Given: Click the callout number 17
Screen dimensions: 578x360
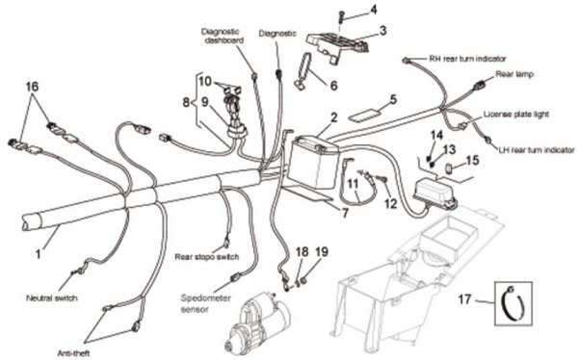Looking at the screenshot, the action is click(x=465, y=298).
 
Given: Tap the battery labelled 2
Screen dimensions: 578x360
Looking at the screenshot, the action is click(x=313, y=162).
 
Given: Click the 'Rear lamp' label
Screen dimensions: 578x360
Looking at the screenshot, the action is click(x=514, y=74).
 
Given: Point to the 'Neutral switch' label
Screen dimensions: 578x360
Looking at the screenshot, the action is click(x=52, y=297).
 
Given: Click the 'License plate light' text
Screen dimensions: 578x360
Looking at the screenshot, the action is click(x=515, y=115).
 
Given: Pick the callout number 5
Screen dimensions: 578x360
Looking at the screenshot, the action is click(x=393, y=99).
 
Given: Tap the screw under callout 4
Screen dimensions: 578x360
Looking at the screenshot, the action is click(x=340, y=15).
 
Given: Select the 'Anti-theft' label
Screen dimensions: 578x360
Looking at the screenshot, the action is click(x=73, y=353).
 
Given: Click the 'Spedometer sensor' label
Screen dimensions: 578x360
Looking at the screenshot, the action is click(x=206, y=303).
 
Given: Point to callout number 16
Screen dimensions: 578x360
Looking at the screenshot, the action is click(x=32, y=87).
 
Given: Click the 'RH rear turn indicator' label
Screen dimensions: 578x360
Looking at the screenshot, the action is click(x=467, y=59).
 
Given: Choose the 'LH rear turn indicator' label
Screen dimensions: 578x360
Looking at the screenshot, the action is click(x=537, y=150).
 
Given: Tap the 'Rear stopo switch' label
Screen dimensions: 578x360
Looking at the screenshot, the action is click(x=207, y=256).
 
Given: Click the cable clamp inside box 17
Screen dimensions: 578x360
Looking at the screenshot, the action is click(x=512, y=303).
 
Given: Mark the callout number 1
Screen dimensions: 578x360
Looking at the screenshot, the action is click(x=38, y=254).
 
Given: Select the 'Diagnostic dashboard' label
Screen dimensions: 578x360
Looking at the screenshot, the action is click(x=223, y=37).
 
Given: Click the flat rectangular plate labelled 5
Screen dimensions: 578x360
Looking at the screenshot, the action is click(x=363, y=115).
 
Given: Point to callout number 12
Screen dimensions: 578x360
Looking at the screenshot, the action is click(x=391, y=203).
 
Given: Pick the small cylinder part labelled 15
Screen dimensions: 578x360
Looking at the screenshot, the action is click(x=450, y=168).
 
